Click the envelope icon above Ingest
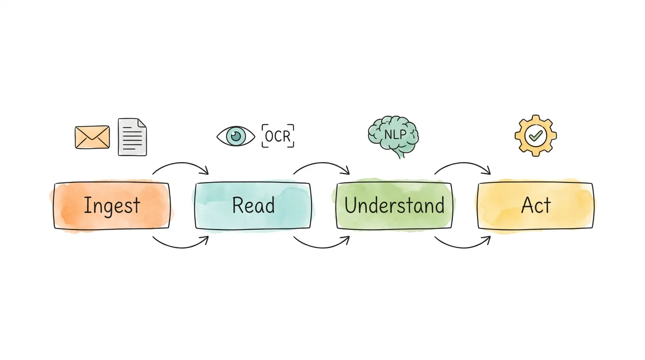click(x=92, y=137)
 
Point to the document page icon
click(x=132, y=137)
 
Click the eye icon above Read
click(x=236, y=136)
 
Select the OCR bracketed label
click(x=278, y=136)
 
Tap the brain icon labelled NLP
click(x=393, y=135)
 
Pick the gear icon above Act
click(x=535, y=135)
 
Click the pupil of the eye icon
click(x=236, y=136)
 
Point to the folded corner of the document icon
click(x=142, y=123)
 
